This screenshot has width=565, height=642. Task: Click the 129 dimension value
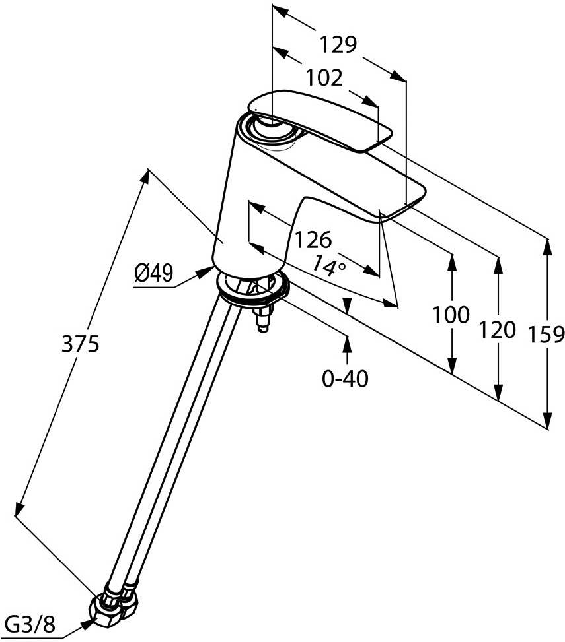[338, 45]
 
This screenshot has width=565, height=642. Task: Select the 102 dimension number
[324, 79]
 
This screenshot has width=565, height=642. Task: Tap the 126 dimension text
[313, 239]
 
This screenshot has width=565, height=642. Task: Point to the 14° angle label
[329, 265]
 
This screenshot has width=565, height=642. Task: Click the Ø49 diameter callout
[153, 273]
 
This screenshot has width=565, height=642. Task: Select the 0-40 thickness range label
[345, 379]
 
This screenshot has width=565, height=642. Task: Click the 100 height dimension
[451, 314]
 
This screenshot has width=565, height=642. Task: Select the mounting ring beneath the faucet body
[253, 291]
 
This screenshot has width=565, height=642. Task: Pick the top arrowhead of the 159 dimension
[546, 247]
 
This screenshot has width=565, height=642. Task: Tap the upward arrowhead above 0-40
[346, 342]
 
